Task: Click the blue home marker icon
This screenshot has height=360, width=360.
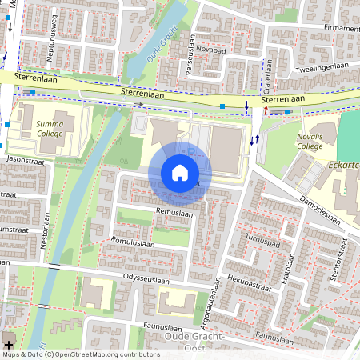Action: [179, 173]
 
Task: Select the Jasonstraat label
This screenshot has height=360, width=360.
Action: [25, 160]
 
